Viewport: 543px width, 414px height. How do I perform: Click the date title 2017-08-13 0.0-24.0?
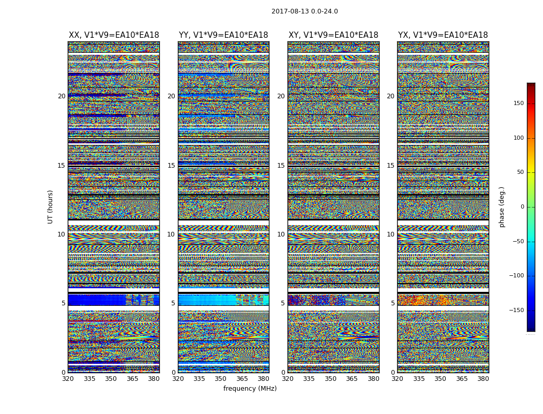(x=305, y=11)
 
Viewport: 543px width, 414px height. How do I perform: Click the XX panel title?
(x=114, y=35)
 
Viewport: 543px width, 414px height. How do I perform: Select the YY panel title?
(x=223, y=35)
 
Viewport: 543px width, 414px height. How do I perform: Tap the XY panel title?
(x=333, y=35)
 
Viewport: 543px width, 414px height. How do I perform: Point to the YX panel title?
(x=443, y=35)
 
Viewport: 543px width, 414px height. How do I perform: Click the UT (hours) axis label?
(x=50, y=206)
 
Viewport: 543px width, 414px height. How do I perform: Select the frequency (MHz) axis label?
(x=250, y=389)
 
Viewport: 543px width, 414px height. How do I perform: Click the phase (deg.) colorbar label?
(x=502, y=206)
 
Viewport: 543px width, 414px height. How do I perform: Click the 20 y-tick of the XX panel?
(x=62, y=96)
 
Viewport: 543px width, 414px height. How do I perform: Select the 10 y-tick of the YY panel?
(x=171, y=234)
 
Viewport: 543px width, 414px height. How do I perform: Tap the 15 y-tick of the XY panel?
(x=281, y=166)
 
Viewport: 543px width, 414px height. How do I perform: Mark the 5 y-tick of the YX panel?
(x=393, y=303)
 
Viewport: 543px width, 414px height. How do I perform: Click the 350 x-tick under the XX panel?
(x=111, y=379)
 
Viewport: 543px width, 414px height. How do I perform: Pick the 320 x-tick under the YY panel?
(x=178, y=379)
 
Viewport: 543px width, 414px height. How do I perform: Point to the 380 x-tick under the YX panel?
(x=483, y=379)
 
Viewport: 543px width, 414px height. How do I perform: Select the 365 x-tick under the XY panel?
(x=352, y=379)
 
